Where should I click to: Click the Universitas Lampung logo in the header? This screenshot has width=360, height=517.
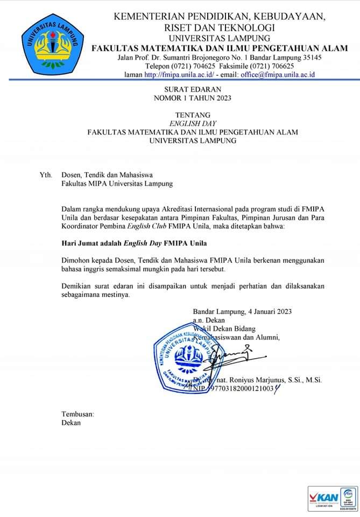coord(52,44)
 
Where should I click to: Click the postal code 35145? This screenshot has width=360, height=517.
coord(310,58)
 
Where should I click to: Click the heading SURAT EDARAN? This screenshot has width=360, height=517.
coord(192,89)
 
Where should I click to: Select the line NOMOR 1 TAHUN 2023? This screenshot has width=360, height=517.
coord(192,98)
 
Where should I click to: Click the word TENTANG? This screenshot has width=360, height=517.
coord(192,115)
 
